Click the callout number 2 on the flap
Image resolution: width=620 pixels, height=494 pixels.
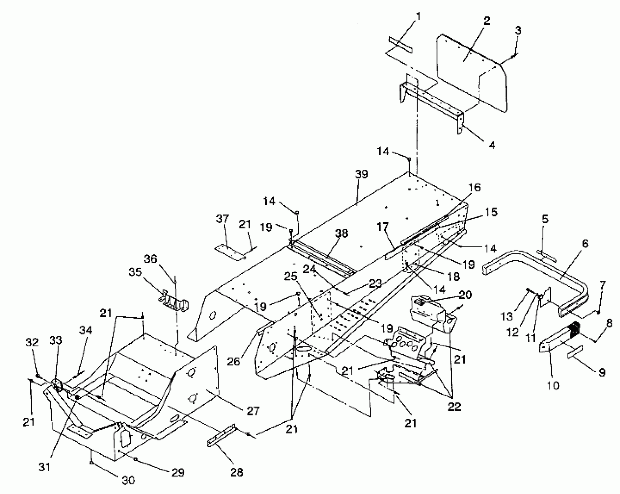pyautogui.click(x=486, y=21)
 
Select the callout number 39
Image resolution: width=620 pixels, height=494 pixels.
pyautogui.click(x=361, y=174)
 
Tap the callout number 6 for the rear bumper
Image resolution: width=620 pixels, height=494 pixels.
pyautogui.click(x=585, y=244)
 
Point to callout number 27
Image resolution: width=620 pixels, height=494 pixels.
pyautogui.click(x=253, y=411)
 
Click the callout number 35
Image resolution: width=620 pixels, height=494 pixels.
pyautogui.click(x=135, y=272)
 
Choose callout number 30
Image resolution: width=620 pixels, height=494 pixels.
pyautogui.click(x=128, y=480)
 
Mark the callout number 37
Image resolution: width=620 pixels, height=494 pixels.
pyautogui.click(x=222, y=219)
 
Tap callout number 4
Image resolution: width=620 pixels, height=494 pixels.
pyautogui.click(x=492, y=145)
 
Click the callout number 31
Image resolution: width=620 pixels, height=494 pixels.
pyautogui.click(x=44, y=467)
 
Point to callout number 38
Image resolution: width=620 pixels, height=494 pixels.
pyautogui.click(x=341, y=233)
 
